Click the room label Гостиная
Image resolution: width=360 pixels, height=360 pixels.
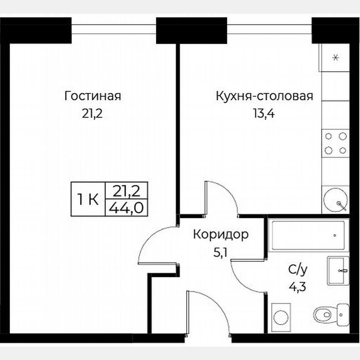[92, 96]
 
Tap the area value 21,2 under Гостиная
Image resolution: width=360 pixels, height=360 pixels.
[92, 113]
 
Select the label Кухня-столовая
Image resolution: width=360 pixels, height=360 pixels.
[264, 96]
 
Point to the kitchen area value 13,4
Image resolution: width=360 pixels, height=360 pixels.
[264, 113]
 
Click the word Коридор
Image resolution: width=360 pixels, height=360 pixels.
[220, 235]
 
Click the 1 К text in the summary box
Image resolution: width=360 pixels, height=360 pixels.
[87, 200]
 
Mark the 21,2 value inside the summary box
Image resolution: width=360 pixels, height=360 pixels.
[126, 191]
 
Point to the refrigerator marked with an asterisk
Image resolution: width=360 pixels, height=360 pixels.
[335, 58]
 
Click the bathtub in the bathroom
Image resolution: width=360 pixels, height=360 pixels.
[308, 235]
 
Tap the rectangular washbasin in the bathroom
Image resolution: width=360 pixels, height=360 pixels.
[338, 270]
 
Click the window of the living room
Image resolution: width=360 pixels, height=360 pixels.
[114, 29]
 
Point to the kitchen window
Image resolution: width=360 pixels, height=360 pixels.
[270, 29]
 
